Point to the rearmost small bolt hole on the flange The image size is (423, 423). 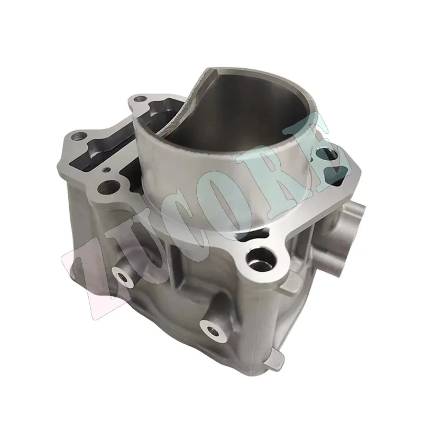140,98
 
